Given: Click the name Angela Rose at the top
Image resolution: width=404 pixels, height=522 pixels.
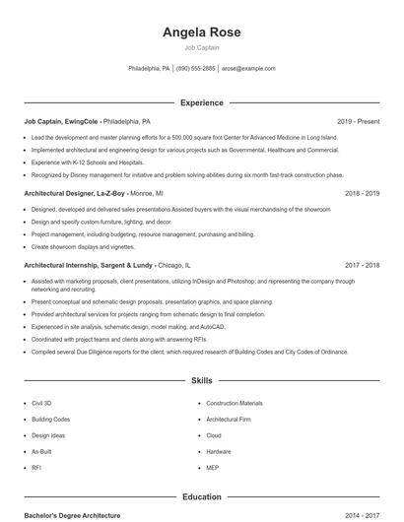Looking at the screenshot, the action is (201, 33).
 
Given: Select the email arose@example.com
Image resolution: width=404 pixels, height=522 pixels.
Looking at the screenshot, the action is (248, 69).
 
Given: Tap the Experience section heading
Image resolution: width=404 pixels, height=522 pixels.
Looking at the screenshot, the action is (201, 102).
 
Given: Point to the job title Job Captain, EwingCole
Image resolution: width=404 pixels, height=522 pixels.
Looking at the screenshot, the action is (61, 122).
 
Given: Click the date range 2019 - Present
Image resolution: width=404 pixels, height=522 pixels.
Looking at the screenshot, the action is (358, 122).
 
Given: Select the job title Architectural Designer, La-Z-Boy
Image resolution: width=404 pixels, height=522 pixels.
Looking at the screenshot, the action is (75, 194).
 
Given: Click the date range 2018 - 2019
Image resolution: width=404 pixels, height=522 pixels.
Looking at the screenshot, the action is (362, 194).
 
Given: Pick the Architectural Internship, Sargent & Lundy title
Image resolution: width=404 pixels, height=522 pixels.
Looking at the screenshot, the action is (88, 266).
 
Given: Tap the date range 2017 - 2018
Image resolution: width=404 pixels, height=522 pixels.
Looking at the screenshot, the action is (362, 266).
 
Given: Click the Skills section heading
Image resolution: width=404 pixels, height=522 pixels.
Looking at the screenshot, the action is (201, 380).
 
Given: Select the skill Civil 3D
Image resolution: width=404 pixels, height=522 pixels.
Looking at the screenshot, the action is (41, 403).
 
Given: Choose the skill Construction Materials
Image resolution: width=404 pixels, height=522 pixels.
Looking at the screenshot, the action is (235, 403).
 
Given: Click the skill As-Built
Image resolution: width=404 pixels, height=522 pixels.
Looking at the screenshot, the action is (41, 451).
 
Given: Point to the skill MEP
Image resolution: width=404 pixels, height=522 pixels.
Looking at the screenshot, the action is (213, 467).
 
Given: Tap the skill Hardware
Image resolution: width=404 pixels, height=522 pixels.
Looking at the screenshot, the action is (219, 451).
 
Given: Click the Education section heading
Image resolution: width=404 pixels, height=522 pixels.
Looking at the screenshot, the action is (201, 497).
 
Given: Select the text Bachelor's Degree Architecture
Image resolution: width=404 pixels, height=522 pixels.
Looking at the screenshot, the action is (72, 515).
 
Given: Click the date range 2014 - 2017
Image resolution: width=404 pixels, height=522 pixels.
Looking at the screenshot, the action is (362, 515).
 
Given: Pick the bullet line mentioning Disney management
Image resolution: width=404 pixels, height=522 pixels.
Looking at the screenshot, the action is (187, 174).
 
